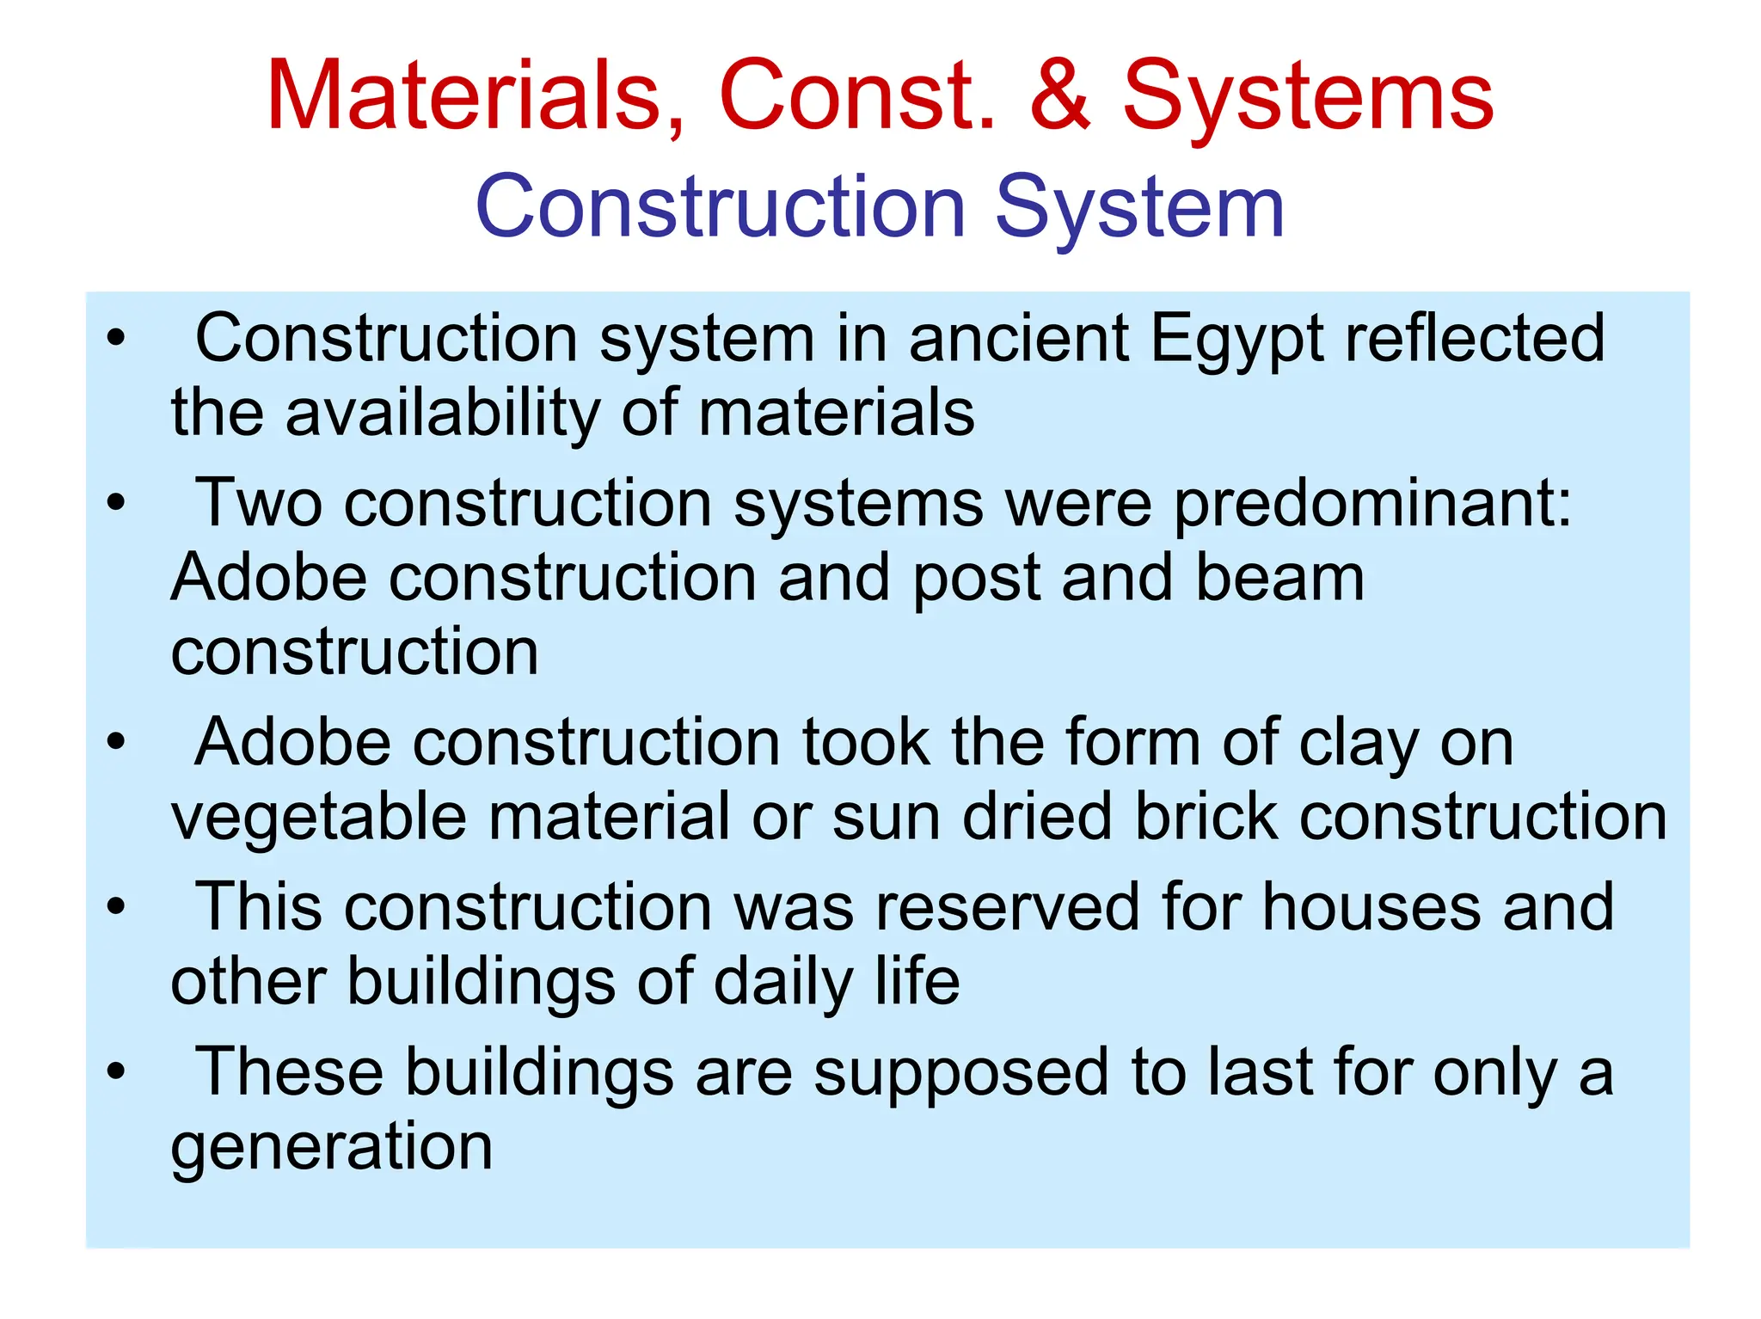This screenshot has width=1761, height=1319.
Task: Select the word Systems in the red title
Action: pos(1308,96)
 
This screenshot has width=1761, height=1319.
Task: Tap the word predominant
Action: pos(1372,504)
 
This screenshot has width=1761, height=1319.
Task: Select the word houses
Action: pos(1371,908)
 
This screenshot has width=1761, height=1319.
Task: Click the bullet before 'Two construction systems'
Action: pos(116,502)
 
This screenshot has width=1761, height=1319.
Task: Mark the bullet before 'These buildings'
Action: pos(116,1071)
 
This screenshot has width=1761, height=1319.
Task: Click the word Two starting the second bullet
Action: pos(259,504)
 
